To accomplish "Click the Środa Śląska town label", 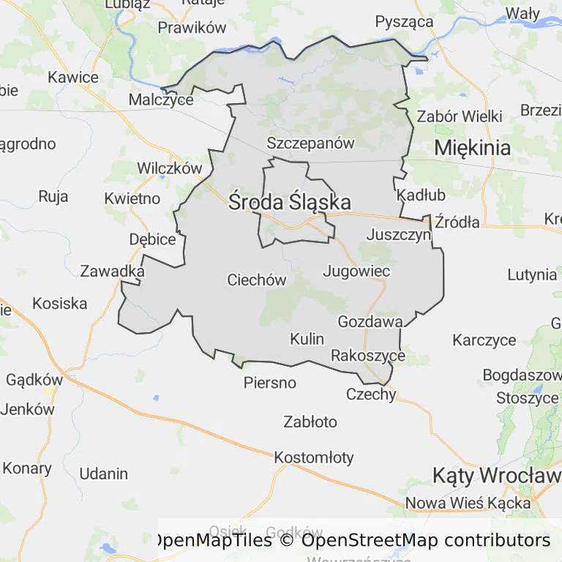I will (x=289, y=202).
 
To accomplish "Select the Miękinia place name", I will (x=473, y=147).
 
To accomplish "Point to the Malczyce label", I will (x=161, y=100).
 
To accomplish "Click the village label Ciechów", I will (x=257, y=280).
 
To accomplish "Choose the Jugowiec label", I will (x=356, y=271).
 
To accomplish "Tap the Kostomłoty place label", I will (x=314, y=458).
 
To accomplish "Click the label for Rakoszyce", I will (x=368, y=356).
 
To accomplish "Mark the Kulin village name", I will (x=307, y=339).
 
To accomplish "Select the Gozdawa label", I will (x=370, y=321).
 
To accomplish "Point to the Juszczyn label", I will (x=399, y=236).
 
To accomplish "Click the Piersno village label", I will (x=270, y=383).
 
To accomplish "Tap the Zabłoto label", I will (x=310, y=421).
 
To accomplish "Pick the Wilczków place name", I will (x=169, y=168).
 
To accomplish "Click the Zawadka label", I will (x=112, y=271).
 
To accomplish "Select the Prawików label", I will (x=192, y=28).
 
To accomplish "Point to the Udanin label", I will (x=104, y=473).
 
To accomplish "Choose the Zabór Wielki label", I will (x=460, y=116).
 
